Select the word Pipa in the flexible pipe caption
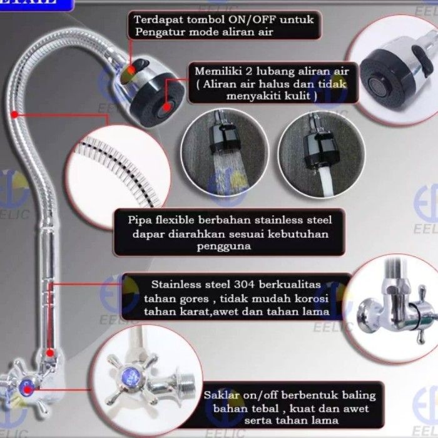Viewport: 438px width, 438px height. [141, 220]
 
